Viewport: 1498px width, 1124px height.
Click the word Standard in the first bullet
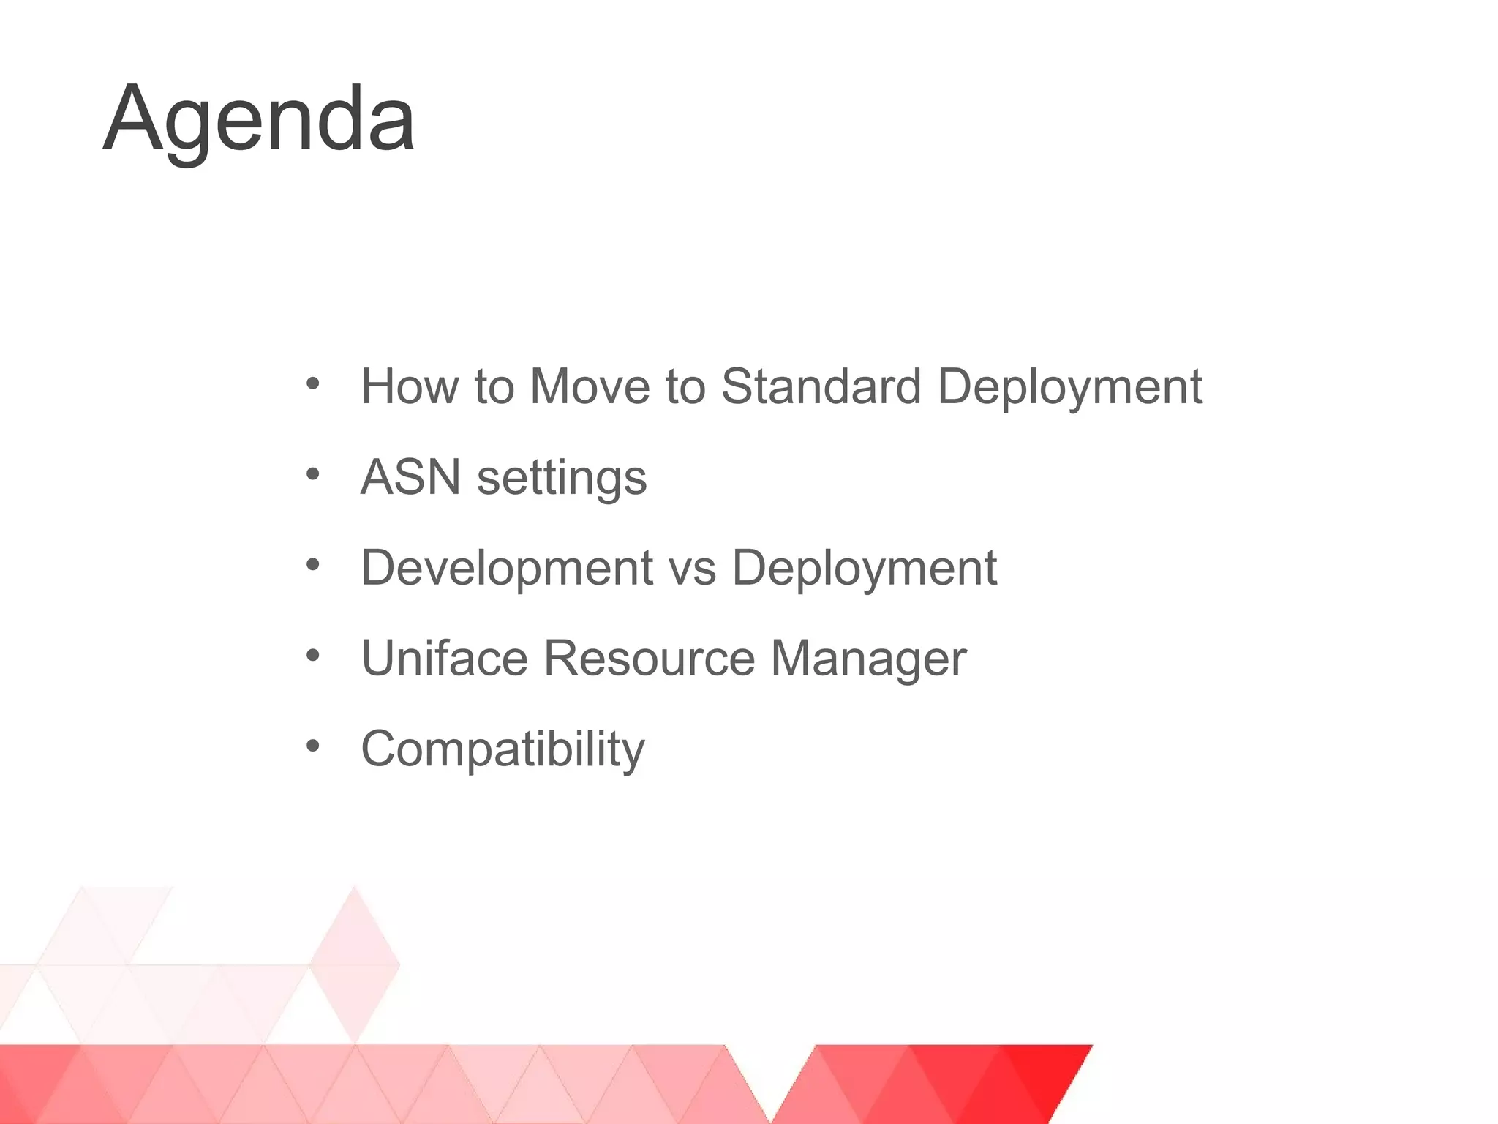821,386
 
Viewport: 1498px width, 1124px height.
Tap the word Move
590,386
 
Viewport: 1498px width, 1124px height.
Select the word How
410,386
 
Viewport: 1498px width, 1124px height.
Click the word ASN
410,476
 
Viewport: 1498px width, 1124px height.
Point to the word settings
562,478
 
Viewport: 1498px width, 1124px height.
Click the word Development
507,567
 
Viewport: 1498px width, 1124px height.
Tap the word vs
692,569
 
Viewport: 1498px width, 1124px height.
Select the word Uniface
444,658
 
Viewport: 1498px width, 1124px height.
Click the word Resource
649,658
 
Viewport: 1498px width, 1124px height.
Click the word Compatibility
503,749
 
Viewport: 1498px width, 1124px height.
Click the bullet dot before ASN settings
313,475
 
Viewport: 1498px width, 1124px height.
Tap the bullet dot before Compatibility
313,746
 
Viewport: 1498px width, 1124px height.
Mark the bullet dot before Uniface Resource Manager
313,656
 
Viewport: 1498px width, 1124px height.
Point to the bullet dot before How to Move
313,383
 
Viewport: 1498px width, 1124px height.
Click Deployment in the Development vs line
864,569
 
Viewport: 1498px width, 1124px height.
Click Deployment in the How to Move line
1069,387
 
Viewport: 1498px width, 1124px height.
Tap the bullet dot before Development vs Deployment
313,565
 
